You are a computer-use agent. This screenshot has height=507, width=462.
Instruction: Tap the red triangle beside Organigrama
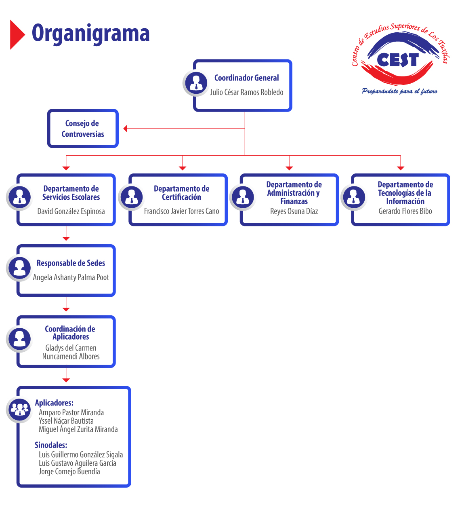pos(17,34)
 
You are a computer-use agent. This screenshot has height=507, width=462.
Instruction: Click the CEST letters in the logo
pos(397,60)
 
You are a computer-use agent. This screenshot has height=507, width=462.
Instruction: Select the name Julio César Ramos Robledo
pos(246,92)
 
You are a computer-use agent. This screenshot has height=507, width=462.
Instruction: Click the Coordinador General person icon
pos(196,82)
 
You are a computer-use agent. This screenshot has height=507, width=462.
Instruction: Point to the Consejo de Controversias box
pos(83,129)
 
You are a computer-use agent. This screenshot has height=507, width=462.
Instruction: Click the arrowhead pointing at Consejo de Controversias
pos(126,129)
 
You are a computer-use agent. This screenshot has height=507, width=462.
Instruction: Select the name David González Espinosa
pos(71,211)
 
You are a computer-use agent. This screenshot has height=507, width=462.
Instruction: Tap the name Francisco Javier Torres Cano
pos(181,211)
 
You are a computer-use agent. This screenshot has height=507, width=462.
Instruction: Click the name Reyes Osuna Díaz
pos(294,211)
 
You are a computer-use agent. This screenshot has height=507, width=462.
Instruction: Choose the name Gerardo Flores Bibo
pos(405,211)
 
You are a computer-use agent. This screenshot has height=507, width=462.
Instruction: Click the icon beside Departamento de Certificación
pos(131,197)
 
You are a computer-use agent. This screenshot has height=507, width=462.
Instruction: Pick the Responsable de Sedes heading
pos(71,263)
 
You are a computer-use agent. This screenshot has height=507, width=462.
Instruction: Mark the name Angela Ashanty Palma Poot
pos(71,277)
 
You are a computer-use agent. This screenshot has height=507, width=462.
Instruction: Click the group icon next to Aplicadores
pos(19,409)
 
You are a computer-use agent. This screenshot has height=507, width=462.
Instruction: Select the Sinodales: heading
pos(51,445)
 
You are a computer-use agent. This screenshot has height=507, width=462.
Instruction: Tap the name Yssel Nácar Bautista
pos(66,421)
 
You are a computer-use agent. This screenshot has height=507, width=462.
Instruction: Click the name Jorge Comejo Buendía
pos(69,471)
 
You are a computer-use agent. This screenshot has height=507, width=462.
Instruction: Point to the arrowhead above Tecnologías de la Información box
pos(400,168)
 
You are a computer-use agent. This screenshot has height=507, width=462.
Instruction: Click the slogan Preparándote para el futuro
pos(399,91)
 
